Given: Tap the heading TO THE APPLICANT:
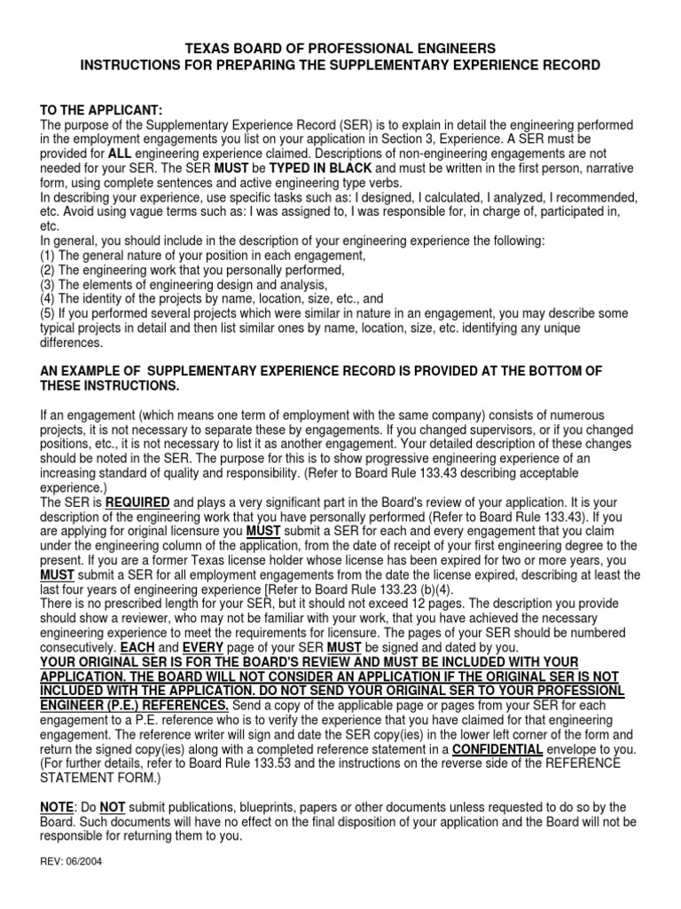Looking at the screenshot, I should click(x=101, y=108).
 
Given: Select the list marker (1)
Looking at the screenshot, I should click(x=49, y=256).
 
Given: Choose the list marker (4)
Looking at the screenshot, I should click(x=49, y=299).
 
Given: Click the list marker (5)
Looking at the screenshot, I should click(x=49, y=313).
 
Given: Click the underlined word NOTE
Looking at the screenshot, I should click(x=59, y=807).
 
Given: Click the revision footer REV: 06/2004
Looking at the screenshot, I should click(x=72, y=861).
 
